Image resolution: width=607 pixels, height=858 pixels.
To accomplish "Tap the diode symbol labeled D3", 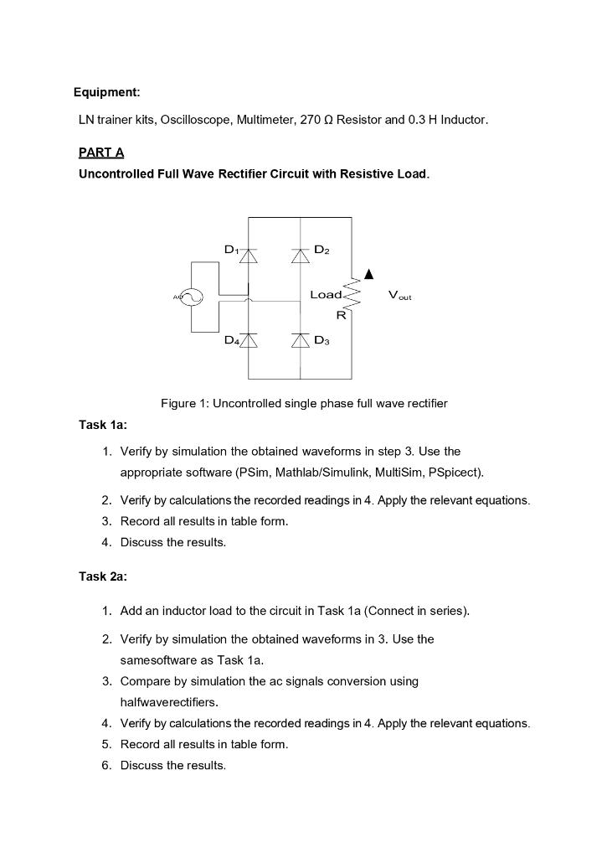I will pyautogui.click(x=301, y=339).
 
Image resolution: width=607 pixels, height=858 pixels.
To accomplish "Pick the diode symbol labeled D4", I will pyautogui.click(x=248, y=339).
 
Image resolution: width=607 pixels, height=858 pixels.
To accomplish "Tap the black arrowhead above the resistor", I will pyautogui.click(x=368, y=275).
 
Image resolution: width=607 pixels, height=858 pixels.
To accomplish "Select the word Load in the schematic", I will pyautogui.click(x=326, y=295).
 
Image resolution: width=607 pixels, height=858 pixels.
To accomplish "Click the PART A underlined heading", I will pyautogui.click(x=101, y=152).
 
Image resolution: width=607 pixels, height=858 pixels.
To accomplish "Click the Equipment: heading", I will pyautogui.click(x=107, y=91).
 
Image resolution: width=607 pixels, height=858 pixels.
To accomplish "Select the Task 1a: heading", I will pyautogui.click(x=103, y=425).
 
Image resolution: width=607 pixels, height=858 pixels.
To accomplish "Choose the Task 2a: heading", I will pyautogui.click(x=103, y=576).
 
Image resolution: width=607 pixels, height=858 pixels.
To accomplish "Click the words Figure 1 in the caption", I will pyautogui.click(x=184, y=404).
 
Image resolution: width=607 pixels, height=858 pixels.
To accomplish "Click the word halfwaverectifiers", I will pyautogui.click(x=172, y=702).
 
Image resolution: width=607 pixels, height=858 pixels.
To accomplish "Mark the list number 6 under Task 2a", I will pyautogui.click(x=106, y=765).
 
